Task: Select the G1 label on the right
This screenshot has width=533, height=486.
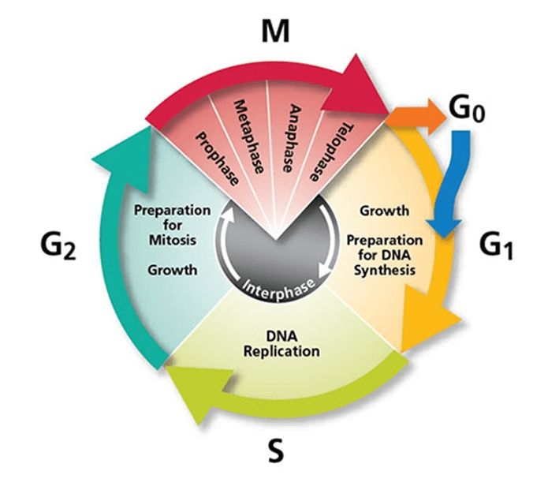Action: pos(496,247)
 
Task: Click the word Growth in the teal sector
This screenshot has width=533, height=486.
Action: pos(171,269)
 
